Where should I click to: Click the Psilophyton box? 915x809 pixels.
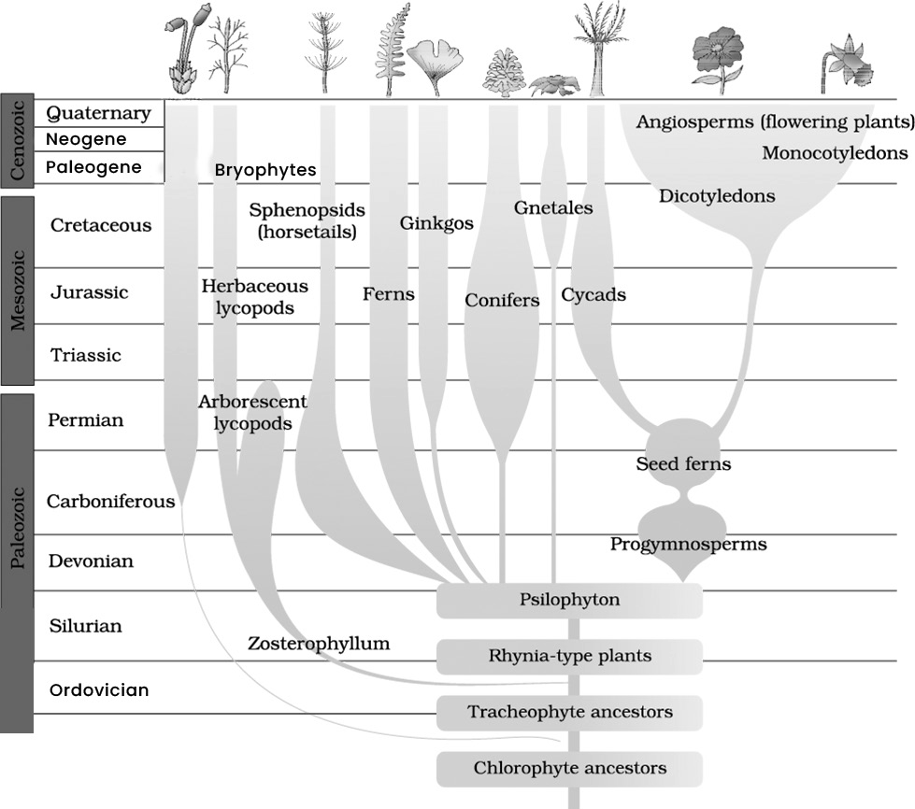tap(569, 600)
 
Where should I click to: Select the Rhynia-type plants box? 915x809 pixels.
tap(569, 656)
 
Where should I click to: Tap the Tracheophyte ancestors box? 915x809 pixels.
tap(569, 712)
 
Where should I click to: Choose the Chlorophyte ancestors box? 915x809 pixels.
tap(569, 769)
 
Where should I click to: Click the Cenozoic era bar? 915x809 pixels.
tap(17, 140)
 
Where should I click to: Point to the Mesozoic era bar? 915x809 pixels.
tap(17, 291)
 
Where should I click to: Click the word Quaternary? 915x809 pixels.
tap(99, 113)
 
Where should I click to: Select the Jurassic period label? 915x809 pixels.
tap(90, 291)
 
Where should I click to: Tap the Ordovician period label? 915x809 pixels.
tap(99, 690)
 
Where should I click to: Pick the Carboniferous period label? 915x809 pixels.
tap(111, 501)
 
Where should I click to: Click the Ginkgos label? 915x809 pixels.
tap(436, 223)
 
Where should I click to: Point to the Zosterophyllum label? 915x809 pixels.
tap(319, 644)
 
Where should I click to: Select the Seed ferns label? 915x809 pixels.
tap(683, 463)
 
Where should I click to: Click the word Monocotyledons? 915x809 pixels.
tap(835, 153)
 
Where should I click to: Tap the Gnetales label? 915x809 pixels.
tap(553, 207)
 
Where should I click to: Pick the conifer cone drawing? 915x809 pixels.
tap(506, 73)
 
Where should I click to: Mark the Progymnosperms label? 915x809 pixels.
tap(689, 545)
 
